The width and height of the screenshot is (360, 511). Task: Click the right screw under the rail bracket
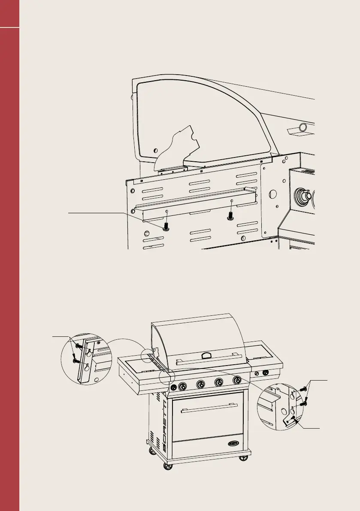coord(230,216)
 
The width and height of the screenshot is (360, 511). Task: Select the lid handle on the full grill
coord(206,355)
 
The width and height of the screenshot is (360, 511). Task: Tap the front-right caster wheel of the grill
coord(244,458)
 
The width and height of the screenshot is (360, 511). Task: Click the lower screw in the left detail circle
coord(76,360)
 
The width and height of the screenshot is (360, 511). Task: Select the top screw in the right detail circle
coord(304,390)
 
